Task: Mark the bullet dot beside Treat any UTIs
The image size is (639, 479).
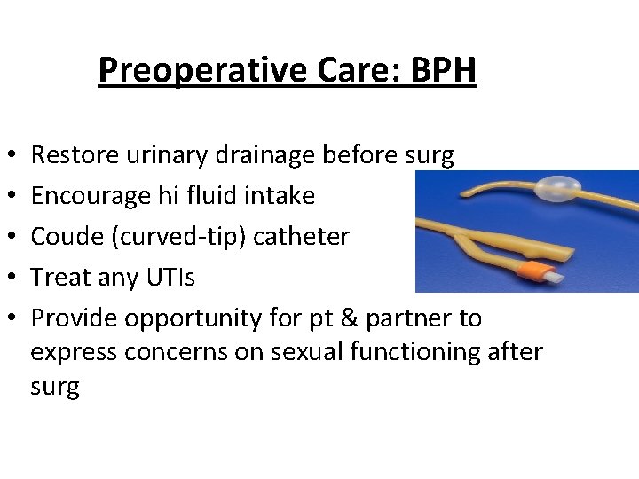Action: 9,279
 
